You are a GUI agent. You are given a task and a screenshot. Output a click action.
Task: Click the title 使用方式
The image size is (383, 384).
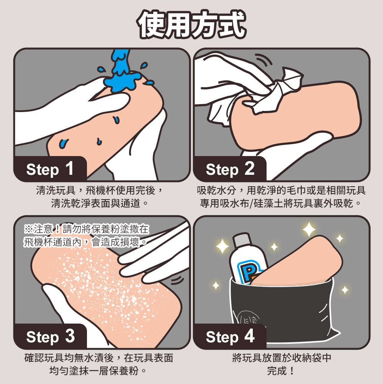[x=191, y=24]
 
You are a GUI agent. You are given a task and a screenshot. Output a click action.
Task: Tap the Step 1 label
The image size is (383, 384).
[x=50, y=169]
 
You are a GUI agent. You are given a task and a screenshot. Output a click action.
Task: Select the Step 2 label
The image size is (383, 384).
[x=230, y=169]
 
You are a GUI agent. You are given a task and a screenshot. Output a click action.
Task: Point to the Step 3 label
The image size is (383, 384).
[x=50, y=337]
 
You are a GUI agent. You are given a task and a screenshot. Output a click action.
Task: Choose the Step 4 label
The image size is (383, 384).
[x=230, y=337]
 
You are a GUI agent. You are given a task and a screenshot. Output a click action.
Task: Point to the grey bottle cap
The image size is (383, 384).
[x=241, y=240]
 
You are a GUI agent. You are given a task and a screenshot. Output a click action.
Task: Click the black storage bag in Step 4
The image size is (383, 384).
[x=282, y=311]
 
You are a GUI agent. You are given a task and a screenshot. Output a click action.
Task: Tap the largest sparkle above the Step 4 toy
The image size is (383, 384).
[x=309, y=229]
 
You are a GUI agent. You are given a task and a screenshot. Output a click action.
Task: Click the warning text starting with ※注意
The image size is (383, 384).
[x=86, y=236]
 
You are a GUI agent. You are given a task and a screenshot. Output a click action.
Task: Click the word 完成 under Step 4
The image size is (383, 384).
[x=277, y=371]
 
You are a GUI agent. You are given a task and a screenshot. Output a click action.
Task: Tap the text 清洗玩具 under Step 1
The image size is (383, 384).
[x=56, y=190]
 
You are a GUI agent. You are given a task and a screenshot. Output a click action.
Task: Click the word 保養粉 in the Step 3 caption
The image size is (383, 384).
[x=124, y=371]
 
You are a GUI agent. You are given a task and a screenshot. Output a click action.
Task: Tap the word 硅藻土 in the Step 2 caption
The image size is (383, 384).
[x=268, y=203]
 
